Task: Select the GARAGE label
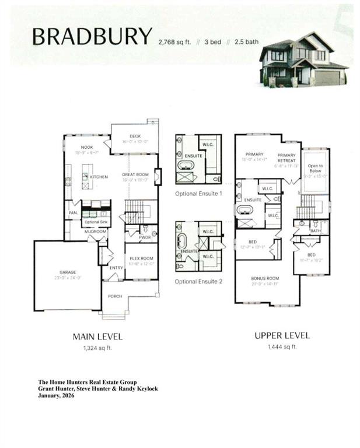pos(68,272)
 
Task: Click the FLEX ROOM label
pos(141,258)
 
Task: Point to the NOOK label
pos(87,147)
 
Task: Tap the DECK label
pos(135,136)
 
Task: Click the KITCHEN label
pos(99,176)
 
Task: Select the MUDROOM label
pos(95,231)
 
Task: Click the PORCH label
pos(115,296)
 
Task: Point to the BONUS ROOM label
pos(265,279)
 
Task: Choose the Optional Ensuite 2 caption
pos(198,282)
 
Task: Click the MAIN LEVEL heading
pos(97,337)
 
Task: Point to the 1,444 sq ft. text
pos(282,347)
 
